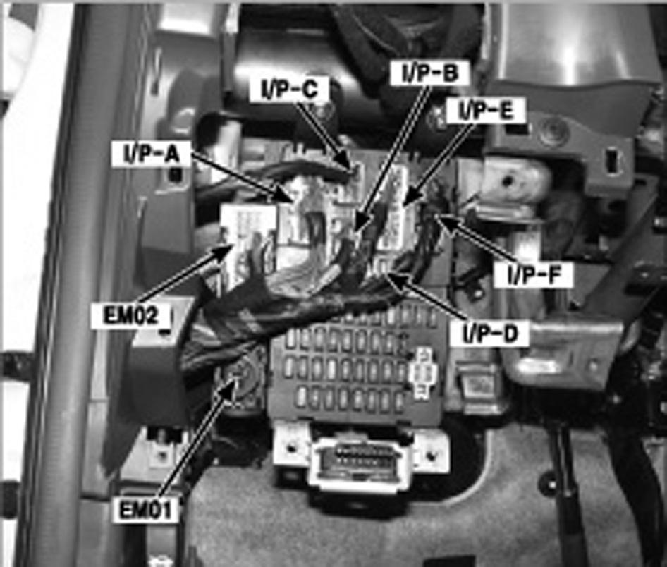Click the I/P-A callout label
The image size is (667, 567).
click(152, 154)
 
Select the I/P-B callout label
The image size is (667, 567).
click(431, 73)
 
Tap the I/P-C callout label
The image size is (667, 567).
click(289, 89)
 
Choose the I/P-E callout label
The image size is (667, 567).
click(486, 111)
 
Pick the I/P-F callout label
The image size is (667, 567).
click(534, 275)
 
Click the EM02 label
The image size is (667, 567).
click(131, 316)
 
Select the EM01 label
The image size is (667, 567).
click(145, 509)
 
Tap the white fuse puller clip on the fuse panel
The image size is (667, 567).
click(423, 372)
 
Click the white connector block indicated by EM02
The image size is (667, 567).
click(248, 247)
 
